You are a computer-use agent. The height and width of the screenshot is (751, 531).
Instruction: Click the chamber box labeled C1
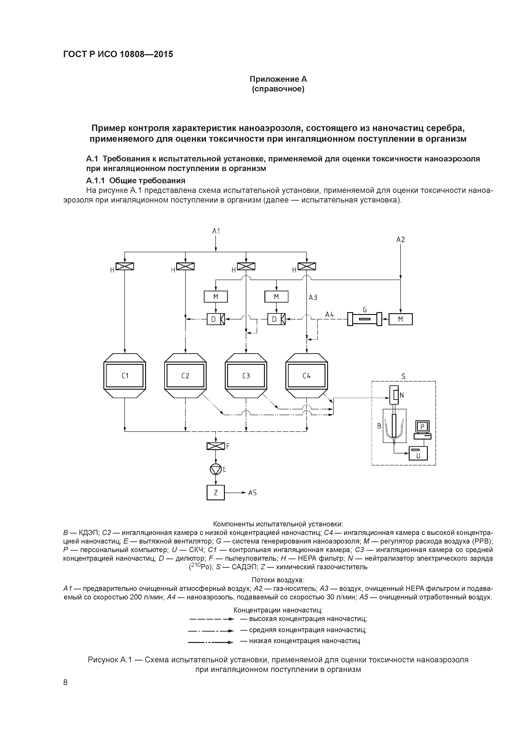[x=125, y=375]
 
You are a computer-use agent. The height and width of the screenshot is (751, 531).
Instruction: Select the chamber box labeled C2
[x=185, y=375]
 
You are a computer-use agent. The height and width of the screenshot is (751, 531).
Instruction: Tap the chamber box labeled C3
[x=246, y=375]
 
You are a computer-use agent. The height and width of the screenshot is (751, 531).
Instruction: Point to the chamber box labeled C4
[x=307, y=375]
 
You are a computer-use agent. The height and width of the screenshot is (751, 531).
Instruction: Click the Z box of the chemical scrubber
[x=216, y=492]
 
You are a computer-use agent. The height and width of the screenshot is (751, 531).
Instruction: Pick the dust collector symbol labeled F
[x=216, y=446]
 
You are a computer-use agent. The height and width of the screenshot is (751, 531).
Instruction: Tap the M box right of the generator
[x=400, y=319]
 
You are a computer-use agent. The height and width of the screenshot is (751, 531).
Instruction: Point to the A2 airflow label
[x=400, y=240]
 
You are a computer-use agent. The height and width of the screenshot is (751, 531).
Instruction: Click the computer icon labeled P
[x=422, y=429]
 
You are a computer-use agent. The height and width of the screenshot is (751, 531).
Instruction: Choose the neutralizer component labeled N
[x=395, y=395]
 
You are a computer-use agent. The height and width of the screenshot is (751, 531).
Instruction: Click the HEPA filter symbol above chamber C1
[x=125, y=267]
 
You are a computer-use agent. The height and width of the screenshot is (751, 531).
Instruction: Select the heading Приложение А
[x=278, y=79]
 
